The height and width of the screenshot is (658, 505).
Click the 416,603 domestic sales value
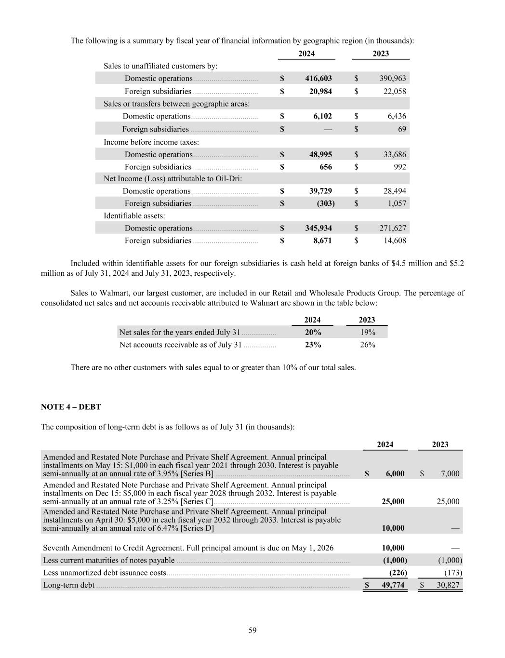319,78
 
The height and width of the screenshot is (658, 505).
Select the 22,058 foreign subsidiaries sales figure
394,91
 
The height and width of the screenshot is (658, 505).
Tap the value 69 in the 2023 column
402,129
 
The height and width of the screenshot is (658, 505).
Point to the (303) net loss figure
325,203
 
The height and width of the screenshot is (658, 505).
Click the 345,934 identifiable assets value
319,228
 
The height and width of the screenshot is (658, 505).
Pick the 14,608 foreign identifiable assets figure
394,241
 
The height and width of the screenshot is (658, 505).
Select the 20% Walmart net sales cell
313,332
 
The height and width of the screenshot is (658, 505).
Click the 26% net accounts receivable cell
367,345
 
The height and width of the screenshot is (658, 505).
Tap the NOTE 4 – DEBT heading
71,407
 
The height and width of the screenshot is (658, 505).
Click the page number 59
252,630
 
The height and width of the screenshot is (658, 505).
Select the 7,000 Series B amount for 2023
450,473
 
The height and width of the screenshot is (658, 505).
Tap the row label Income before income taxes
151,142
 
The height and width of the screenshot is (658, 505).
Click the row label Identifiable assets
134,215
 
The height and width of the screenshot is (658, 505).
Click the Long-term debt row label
68,585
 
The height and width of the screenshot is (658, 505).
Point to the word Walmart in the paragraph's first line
114,293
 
